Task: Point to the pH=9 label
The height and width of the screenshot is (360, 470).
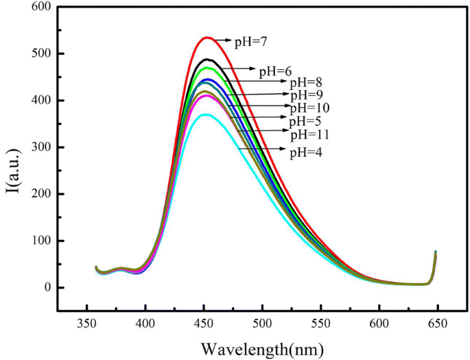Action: [307, 95]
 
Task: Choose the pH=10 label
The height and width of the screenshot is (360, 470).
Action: [309, 108]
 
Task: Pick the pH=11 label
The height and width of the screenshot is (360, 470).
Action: [309, 134]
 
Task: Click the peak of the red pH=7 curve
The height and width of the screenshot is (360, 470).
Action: [207, 37]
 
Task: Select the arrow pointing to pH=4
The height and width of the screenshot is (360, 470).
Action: [261, 149]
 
